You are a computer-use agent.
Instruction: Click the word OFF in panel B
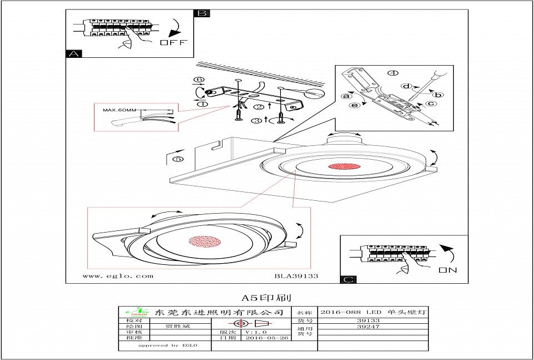coord(174,43)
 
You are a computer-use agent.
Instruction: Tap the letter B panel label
coord(202,13)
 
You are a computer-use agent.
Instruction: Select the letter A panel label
coord(73,54)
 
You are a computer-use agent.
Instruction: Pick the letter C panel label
coord(348,279)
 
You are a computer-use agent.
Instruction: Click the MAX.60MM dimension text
coord(120,110)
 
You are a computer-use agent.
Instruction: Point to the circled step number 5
coord(178,159)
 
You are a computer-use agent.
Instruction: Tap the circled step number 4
coord(393,73)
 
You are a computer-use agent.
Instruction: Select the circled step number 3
coord(256,120)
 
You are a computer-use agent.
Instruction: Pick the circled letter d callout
coord(407,86)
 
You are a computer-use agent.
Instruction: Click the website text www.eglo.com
coord(118,275)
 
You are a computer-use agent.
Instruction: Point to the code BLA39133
coord(296,275)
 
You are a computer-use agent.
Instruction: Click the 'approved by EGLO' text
coord(167,345)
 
